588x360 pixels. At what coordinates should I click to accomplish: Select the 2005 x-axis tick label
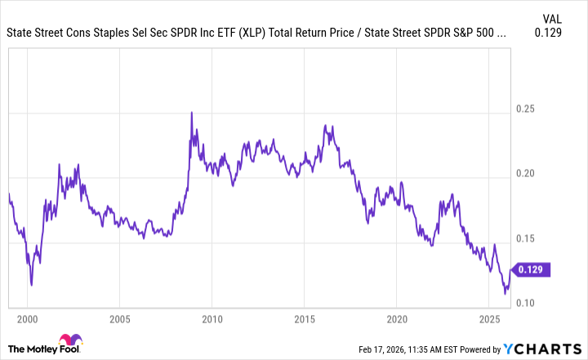[x=119, y=318]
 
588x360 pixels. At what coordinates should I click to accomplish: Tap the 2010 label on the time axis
[x=212, y=318]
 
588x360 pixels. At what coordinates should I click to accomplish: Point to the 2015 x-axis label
[x=304, y=318]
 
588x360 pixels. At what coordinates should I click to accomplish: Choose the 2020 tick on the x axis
[x=396, y=318]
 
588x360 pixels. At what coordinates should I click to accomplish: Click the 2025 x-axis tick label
[x=488, y=318]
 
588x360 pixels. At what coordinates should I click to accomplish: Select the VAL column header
[x=553, y=18]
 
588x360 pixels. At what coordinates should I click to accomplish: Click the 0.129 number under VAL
[x=553, y=33]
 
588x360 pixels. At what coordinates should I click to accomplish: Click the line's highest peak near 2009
[x=191, y=113]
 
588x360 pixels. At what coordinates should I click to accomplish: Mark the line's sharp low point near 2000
[x=31, y=285]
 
